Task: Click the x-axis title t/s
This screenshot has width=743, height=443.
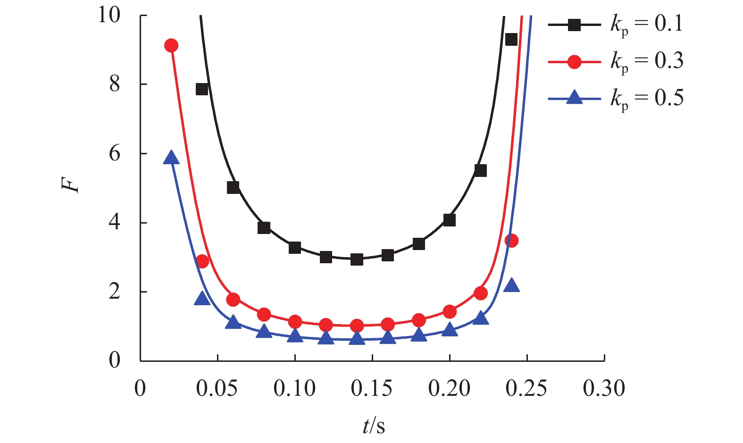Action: tap(374, 426)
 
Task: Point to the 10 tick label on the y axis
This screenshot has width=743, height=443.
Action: tap(109, 15)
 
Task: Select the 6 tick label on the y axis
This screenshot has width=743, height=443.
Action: tap(115, 153)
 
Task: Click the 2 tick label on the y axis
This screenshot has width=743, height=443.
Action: tap(115, 292)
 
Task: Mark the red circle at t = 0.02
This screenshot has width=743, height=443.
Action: tap(171, 46)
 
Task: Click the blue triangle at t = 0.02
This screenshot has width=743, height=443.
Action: tap(171, 158)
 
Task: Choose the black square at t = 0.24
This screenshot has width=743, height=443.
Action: tap(511, 40)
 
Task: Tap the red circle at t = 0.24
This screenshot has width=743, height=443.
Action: tap(511, 241)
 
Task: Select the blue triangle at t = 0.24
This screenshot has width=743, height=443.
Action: tap(511, 285)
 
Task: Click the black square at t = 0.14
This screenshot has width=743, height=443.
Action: tap(357, 259)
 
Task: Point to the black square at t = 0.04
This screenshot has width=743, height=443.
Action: tap(202, 89)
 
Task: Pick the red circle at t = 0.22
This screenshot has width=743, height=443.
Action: tap(481, 293)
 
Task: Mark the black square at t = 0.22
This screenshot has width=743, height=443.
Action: tap(481, 171)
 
